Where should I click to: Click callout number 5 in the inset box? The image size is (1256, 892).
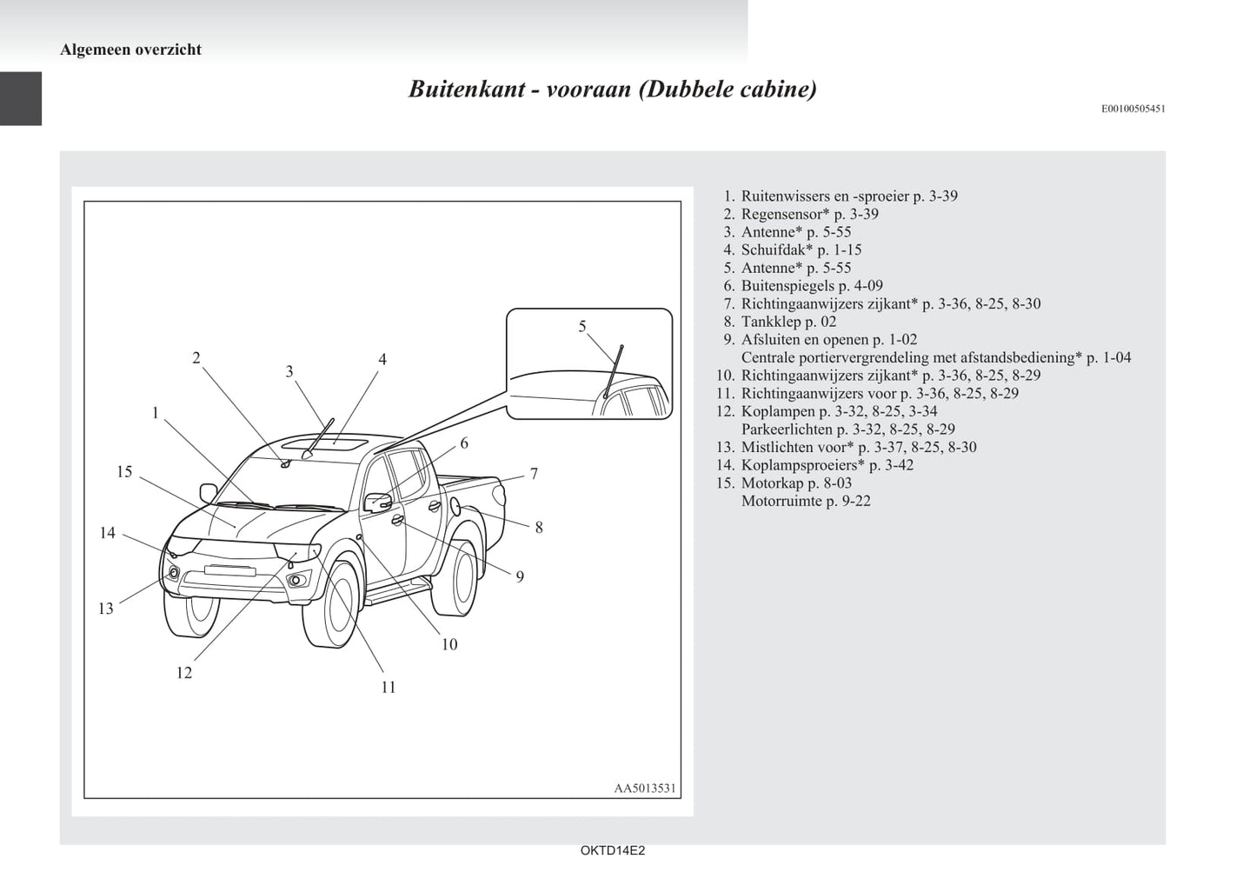click(582, 327)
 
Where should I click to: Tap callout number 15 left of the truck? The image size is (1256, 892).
click(124, 472)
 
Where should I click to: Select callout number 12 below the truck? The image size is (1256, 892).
click(183, 673)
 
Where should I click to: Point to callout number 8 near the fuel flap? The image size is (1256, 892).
click(539, 528)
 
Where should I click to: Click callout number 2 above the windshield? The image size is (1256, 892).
click(196, 358)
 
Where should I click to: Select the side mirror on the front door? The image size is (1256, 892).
click(379, 503)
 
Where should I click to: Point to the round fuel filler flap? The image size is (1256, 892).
click(454, 505)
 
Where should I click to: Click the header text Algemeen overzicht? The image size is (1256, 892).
click(130, 50)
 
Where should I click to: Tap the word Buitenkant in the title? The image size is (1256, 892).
click(464, 90)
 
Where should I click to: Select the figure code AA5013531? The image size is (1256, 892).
click(645, 789)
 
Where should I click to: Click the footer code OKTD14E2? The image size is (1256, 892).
click(613, 851)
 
